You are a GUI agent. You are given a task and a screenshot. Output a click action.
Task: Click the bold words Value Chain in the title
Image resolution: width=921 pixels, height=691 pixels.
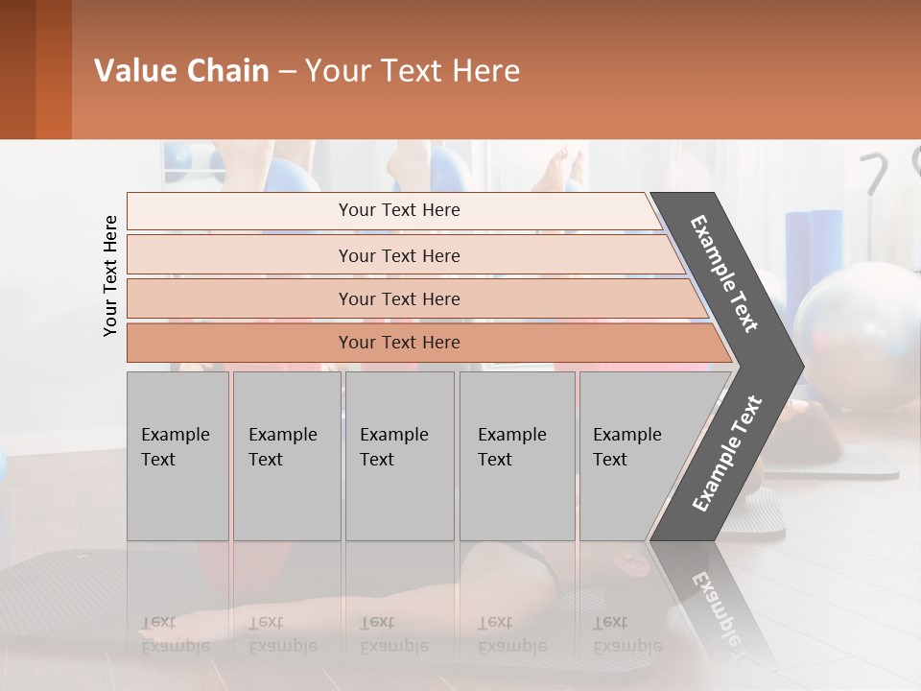tap(181, 71)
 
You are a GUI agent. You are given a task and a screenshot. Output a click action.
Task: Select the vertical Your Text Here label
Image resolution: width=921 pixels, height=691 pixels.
tap(110, 275)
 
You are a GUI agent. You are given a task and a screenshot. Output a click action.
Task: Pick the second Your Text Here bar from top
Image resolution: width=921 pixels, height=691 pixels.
tap(398, 255)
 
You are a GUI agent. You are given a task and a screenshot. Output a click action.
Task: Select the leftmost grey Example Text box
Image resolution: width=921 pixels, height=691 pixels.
tap(177, 456)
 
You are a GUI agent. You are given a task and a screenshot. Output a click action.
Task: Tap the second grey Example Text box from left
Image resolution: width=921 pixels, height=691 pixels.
tap(286, 456)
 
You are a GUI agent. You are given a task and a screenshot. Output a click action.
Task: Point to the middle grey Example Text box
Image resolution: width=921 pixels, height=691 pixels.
tap(399, 456)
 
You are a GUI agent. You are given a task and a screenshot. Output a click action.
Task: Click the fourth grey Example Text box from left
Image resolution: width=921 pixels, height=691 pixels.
tap(516, 456)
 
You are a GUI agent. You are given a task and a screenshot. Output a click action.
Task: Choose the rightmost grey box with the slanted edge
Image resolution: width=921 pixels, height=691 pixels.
tap(633, 456)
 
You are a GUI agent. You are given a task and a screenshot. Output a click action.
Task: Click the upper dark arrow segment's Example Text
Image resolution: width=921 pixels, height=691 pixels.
tap(724, 274)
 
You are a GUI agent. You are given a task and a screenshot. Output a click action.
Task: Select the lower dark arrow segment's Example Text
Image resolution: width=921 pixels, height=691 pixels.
tap(726, 453)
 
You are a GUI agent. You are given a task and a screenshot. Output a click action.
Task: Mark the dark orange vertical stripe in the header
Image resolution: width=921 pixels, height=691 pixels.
tap(53, 69)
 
